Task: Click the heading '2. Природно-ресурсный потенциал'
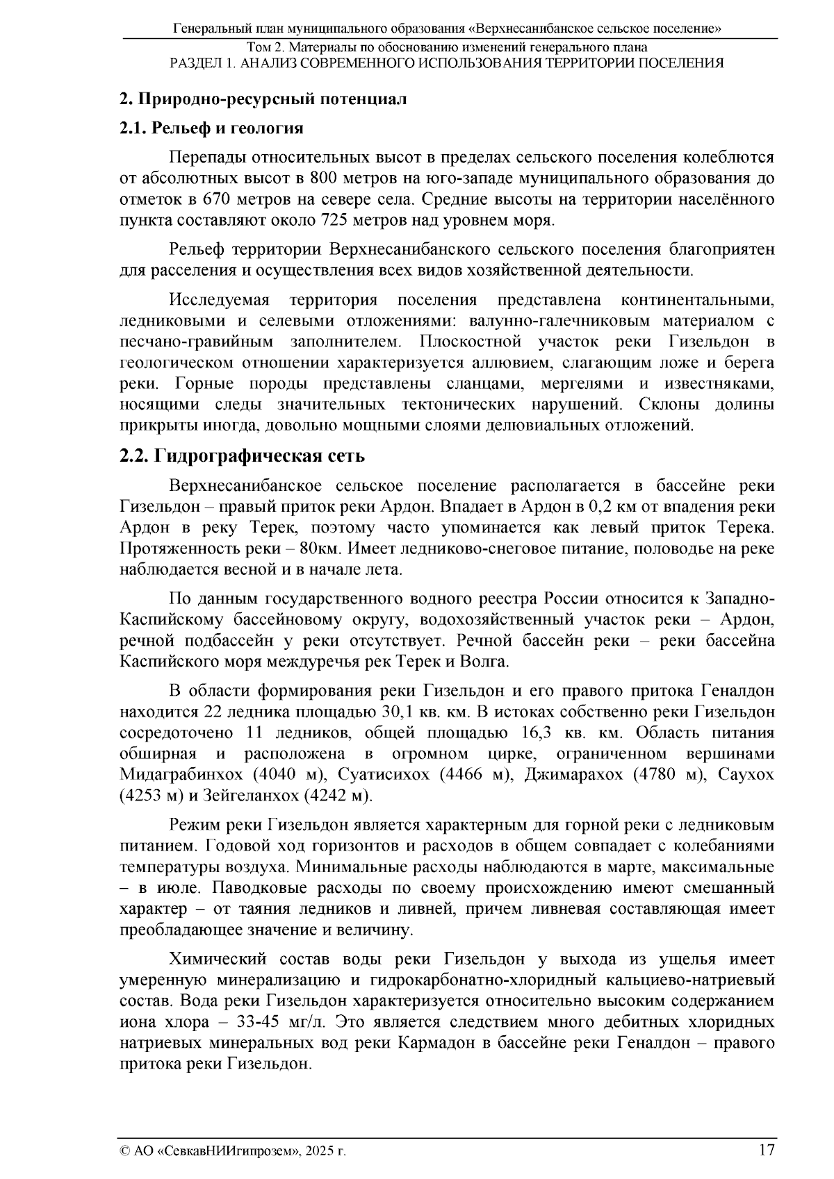(263, 98)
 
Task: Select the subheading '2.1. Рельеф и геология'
(212, 128)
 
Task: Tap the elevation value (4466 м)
(476, 774)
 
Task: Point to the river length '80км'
(318, 549)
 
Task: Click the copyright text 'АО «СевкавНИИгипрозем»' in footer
(218, 1151)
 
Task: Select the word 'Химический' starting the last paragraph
(218, 960)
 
